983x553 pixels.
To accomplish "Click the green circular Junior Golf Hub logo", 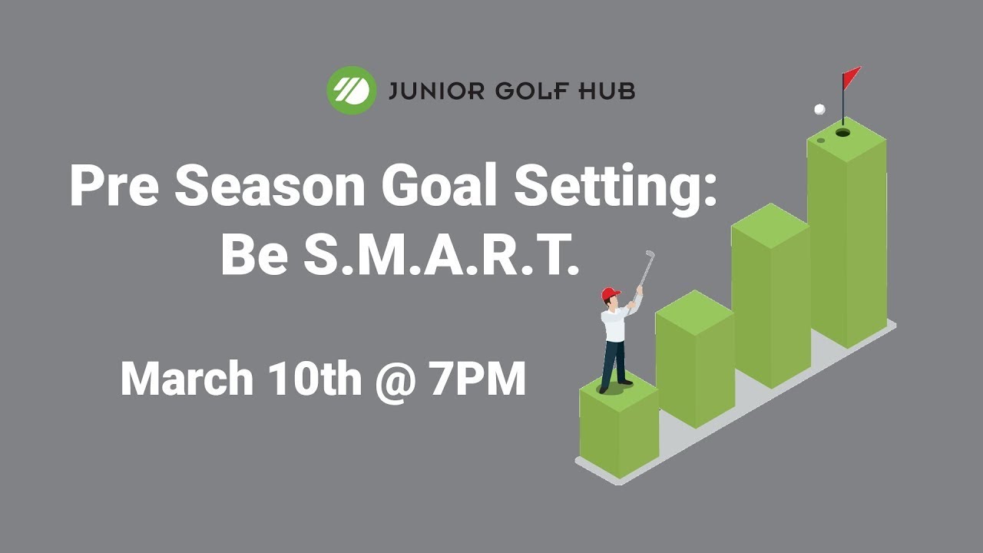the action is coord(352,91).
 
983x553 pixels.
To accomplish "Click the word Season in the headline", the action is coord(270,186).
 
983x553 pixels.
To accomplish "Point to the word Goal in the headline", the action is coord(439,185).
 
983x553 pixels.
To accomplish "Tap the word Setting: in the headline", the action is coord(615,189).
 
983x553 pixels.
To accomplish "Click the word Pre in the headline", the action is coord(114,186).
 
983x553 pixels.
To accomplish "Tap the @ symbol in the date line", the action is coord(396,381).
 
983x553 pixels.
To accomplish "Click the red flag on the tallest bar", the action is coord(852,78).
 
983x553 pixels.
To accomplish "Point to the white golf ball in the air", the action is coord(819,109).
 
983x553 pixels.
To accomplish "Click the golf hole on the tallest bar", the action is coord(842,133).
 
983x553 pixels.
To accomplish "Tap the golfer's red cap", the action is coord(611,293).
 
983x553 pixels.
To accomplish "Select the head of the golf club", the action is coord(650,253).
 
